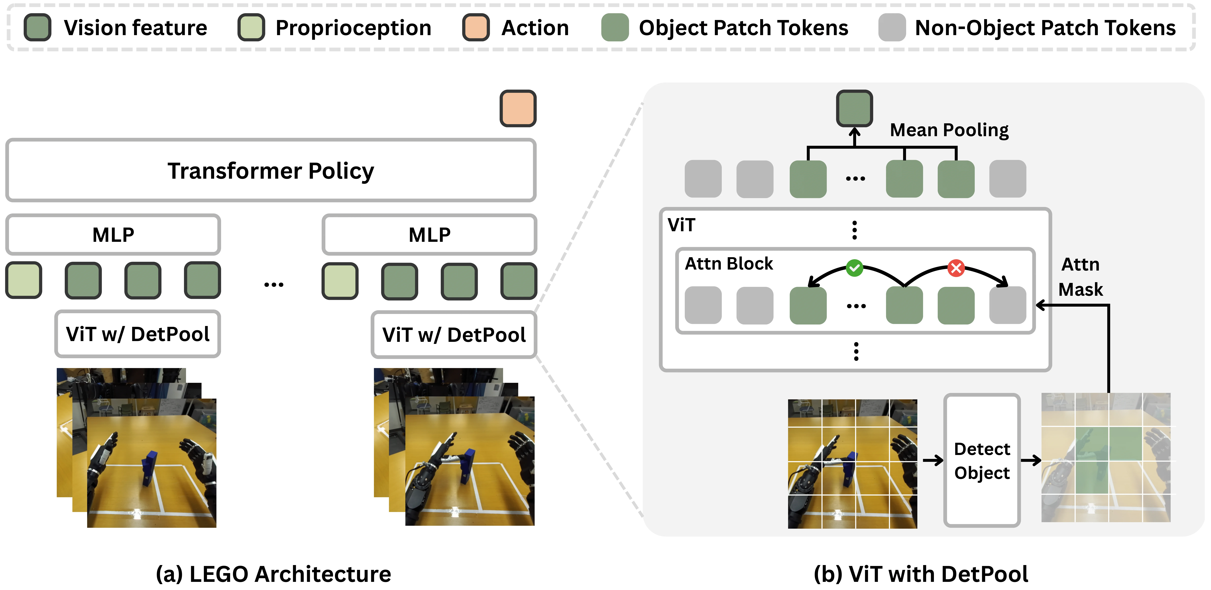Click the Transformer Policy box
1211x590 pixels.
click(271, 170)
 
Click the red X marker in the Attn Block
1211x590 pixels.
click(956, 268)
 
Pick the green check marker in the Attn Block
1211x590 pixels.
click(854, 268)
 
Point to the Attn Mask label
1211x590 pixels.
click(1080, 277)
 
